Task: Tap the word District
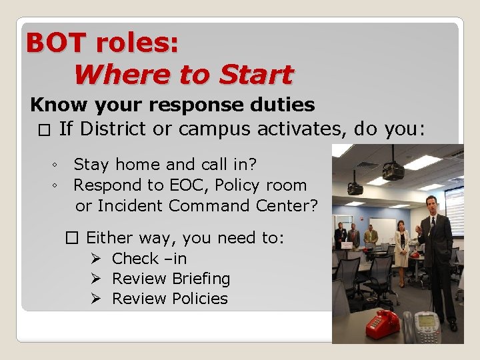coord(115,128)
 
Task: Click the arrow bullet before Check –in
coord(95,259)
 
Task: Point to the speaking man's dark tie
coord(432,234)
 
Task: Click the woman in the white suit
coord(403,243)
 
